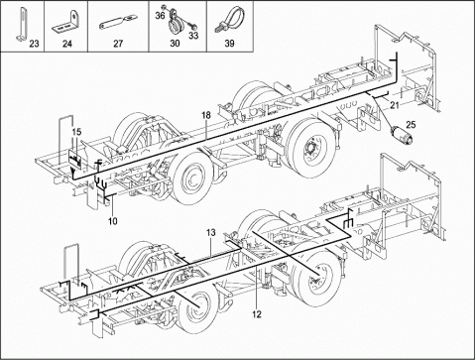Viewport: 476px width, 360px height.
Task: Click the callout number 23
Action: [x=34, y=44]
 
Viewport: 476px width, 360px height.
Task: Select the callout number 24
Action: [x=67, y=44]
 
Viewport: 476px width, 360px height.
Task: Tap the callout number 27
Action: [x=118, y=44]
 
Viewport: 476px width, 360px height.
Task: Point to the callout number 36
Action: [x=160, y=16]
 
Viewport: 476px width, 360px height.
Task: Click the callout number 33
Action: [x=193, y=35]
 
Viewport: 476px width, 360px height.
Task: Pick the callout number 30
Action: [x=175, y=44]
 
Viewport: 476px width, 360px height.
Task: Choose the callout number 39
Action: [x=229, y=44]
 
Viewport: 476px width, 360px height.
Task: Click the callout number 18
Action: [x=206, y=115]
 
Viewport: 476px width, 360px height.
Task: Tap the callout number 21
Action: [x=394, y=105]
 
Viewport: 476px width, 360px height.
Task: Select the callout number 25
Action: [x=411, y=125]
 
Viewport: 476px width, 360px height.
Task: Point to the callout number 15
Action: [x=76, y=132]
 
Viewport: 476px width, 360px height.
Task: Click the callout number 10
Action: [x=113, y=221]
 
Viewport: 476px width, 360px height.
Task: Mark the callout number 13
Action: [x=211, y=233]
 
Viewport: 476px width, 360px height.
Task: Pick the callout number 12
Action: [x=257, y=314]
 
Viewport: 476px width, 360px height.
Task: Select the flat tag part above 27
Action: [x=117, y=23]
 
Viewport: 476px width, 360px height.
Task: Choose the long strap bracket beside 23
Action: [x=21, y=25]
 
